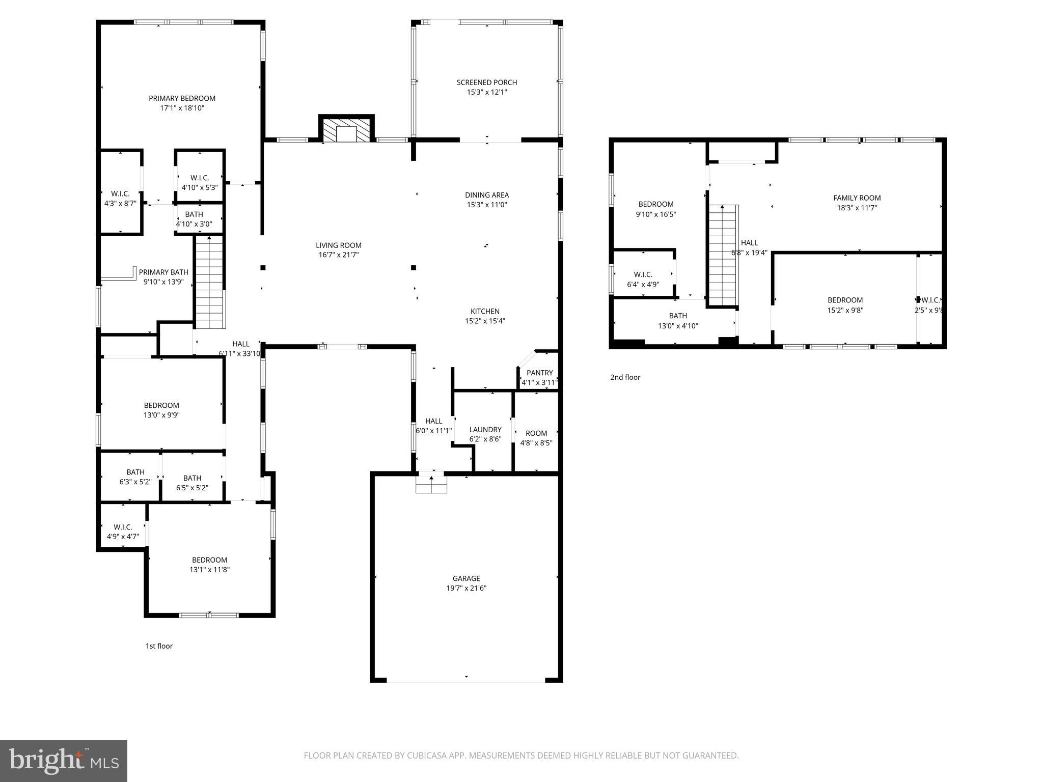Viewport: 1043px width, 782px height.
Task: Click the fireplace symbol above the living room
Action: (347, 130)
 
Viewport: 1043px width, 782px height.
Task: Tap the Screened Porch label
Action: (486, 82)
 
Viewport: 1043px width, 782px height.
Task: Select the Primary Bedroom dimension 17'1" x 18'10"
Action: (182, 108)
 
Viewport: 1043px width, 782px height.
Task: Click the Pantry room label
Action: (539, 373)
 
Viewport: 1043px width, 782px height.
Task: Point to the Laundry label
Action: (485, 430)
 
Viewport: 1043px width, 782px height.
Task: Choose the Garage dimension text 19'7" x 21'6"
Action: (466, 588)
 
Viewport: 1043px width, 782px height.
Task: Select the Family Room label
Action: (857, 198)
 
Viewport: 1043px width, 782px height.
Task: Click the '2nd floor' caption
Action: (625, 377)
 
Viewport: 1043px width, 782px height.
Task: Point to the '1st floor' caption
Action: (159, 646)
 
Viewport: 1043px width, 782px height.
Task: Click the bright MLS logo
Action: (64, 761)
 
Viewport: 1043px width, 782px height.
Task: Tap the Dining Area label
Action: (486, 195)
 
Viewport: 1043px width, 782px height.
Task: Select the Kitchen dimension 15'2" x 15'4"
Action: (484, 321)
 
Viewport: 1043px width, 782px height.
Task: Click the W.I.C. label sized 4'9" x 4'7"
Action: (123, 527)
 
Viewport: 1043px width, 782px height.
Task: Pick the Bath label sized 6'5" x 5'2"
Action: (192, 478)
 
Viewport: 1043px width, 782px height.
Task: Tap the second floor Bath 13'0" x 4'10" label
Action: (677, 316)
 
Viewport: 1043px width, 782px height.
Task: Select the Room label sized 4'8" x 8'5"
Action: (536, 433)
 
